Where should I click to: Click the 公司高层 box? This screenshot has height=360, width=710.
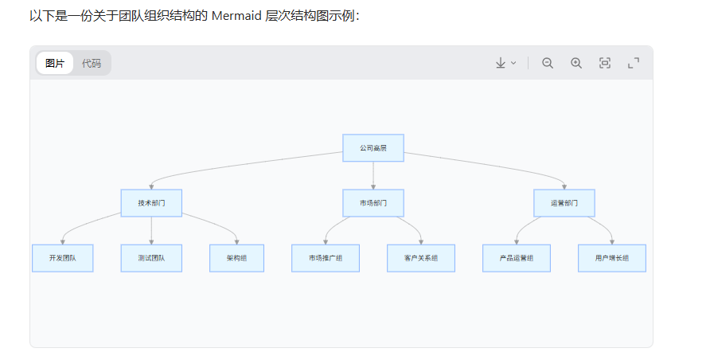click(x=373, y=148)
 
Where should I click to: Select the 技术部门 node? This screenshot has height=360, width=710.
click(x=151, y=203)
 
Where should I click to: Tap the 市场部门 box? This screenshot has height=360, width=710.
click(x=373, y=203)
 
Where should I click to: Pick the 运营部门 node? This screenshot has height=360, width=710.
click(x=564, y=203)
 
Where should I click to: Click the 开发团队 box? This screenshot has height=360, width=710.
click(x=63, y=258)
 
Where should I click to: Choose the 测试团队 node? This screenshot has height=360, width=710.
click(x=151, y=258)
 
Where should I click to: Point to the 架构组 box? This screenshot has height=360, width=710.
click(x=237, y=258)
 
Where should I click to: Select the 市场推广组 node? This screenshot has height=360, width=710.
click(x=326, y=258)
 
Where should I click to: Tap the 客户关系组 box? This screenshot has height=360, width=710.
click(x=421, y=258)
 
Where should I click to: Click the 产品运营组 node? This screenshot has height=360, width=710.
click(x=517, y=258)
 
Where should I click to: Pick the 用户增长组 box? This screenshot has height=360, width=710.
click(x=612, y=258)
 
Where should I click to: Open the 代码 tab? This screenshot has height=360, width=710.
click(x=92, y=63)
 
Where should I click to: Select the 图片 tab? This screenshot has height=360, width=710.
click(x=55, y=63)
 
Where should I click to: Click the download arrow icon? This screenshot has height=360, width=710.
click(x=501, y=63)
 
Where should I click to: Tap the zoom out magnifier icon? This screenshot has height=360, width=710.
click(x=548, y=63)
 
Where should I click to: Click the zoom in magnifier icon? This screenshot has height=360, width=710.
click(x=576, y=63)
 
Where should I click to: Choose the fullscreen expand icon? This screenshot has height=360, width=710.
click(x=634, y=63)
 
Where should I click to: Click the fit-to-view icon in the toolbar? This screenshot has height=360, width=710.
click(x=605, y=63)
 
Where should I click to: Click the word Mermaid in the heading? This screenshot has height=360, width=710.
click(x=237, y=16)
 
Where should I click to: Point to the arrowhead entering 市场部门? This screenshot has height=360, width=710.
click(x=373, y=187)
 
